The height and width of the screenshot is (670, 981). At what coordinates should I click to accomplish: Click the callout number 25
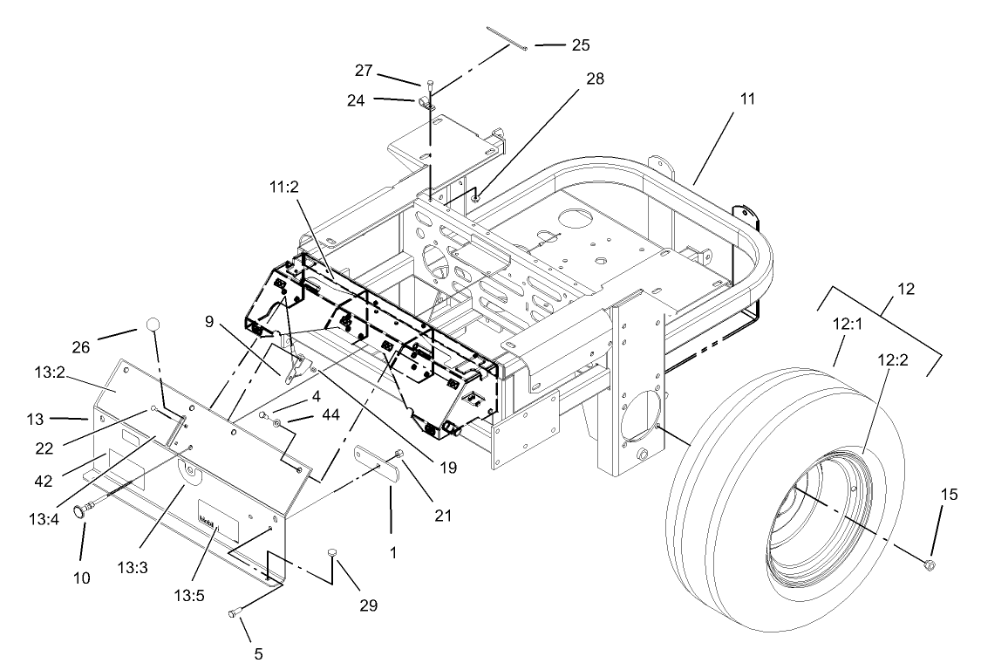click(x=556, y=45)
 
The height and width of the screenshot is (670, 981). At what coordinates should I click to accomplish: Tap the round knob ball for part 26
click(x=153, y=325)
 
